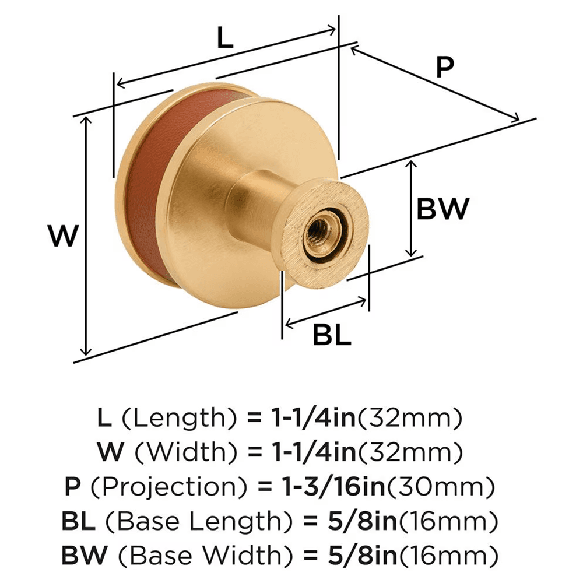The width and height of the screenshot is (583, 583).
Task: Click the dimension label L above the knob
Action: pyautogui.click(x=224, y=39)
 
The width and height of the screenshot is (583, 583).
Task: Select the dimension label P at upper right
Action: pyautogui.click(x=444, y=68)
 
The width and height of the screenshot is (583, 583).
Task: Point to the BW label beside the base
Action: pyautogui.click(x=443, y=208)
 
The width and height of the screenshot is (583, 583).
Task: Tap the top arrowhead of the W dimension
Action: pyautogui.click(x=87, y=119)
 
